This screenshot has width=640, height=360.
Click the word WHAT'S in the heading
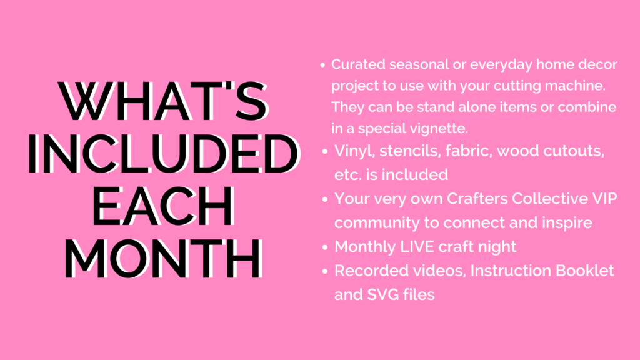pos(164,101)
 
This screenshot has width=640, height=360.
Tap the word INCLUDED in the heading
pos(164,154)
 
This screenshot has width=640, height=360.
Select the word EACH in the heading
pos(164,206)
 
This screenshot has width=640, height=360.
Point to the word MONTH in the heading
pos(164,258)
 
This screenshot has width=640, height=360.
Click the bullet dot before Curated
pos(322,64)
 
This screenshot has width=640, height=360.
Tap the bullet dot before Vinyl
pos(325,151)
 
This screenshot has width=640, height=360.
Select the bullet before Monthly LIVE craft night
pos(325,247)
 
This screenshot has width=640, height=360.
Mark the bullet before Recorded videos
pos(325,271)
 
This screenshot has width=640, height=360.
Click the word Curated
pos(358,64)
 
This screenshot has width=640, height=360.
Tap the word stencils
pos(410,151)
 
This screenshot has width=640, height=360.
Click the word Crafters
pos(477,199)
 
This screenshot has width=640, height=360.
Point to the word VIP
pos(604,199)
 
